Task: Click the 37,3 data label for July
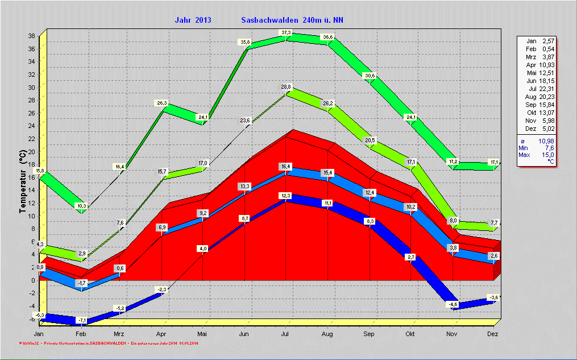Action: click(286, 32)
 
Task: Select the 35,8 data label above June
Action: click(245, 42)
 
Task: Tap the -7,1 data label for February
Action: click(81, 320)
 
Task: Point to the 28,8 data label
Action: click(286, 87)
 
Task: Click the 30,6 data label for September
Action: click(370, 76)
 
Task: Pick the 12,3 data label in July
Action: click(286, 196)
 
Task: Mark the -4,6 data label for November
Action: click(453, 304)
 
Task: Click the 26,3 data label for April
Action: click(161, 103)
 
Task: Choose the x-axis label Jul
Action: click(286, 334)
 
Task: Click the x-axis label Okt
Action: click(410, 334)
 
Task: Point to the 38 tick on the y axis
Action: click(32, 36)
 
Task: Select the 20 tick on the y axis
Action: click(32, 151)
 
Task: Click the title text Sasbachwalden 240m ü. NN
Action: click(292, 20)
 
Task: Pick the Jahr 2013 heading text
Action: click(193, 20)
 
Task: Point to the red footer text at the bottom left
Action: click(108, 344)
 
